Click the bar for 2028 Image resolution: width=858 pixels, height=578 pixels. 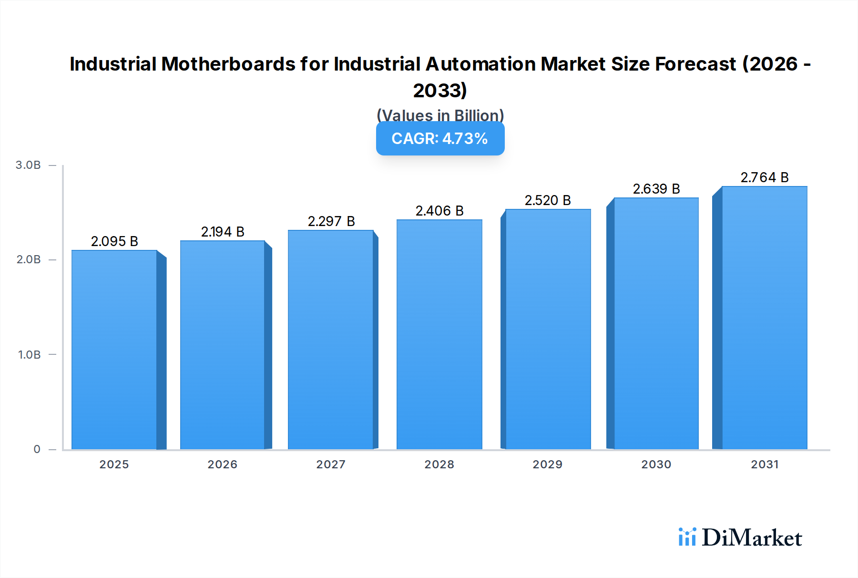click(439, 334)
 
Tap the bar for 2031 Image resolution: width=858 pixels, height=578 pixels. click(764, 317)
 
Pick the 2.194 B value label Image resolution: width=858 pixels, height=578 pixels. click(223, 232)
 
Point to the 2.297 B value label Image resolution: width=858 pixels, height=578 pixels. click(331, 221)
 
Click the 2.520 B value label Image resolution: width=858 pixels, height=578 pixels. click(548, 200)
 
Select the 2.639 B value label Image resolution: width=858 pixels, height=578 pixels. click(656, 189)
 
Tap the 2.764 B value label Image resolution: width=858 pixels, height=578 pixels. click(765, 177)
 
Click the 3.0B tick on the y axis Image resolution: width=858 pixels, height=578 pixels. click(28, 165)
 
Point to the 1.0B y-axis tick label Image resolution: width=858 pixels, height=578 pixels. click(29, 355)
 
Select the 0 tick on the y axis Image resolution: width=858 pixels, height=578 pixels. click(37, 449)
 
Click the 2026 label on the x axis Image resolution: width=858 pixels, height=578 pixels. click(222, 464)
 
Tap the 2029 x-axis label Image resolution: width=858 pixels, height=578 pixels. click(547, 464)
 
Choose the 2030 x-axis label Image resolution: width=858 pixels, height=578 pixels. click(656, 464)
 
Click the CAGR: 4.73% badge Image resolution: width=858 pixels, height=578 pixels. click(440, 139)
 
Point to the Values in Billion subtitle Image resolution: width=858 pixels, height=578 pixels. click(440, 115)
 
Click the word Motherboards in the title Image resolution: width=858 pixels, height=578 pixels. click(228, 64)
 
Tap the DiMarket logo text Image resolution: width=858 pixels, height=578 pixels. click(752, 538)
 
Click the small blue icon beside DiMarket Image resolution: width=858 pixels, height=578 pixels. click(687, 537)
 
